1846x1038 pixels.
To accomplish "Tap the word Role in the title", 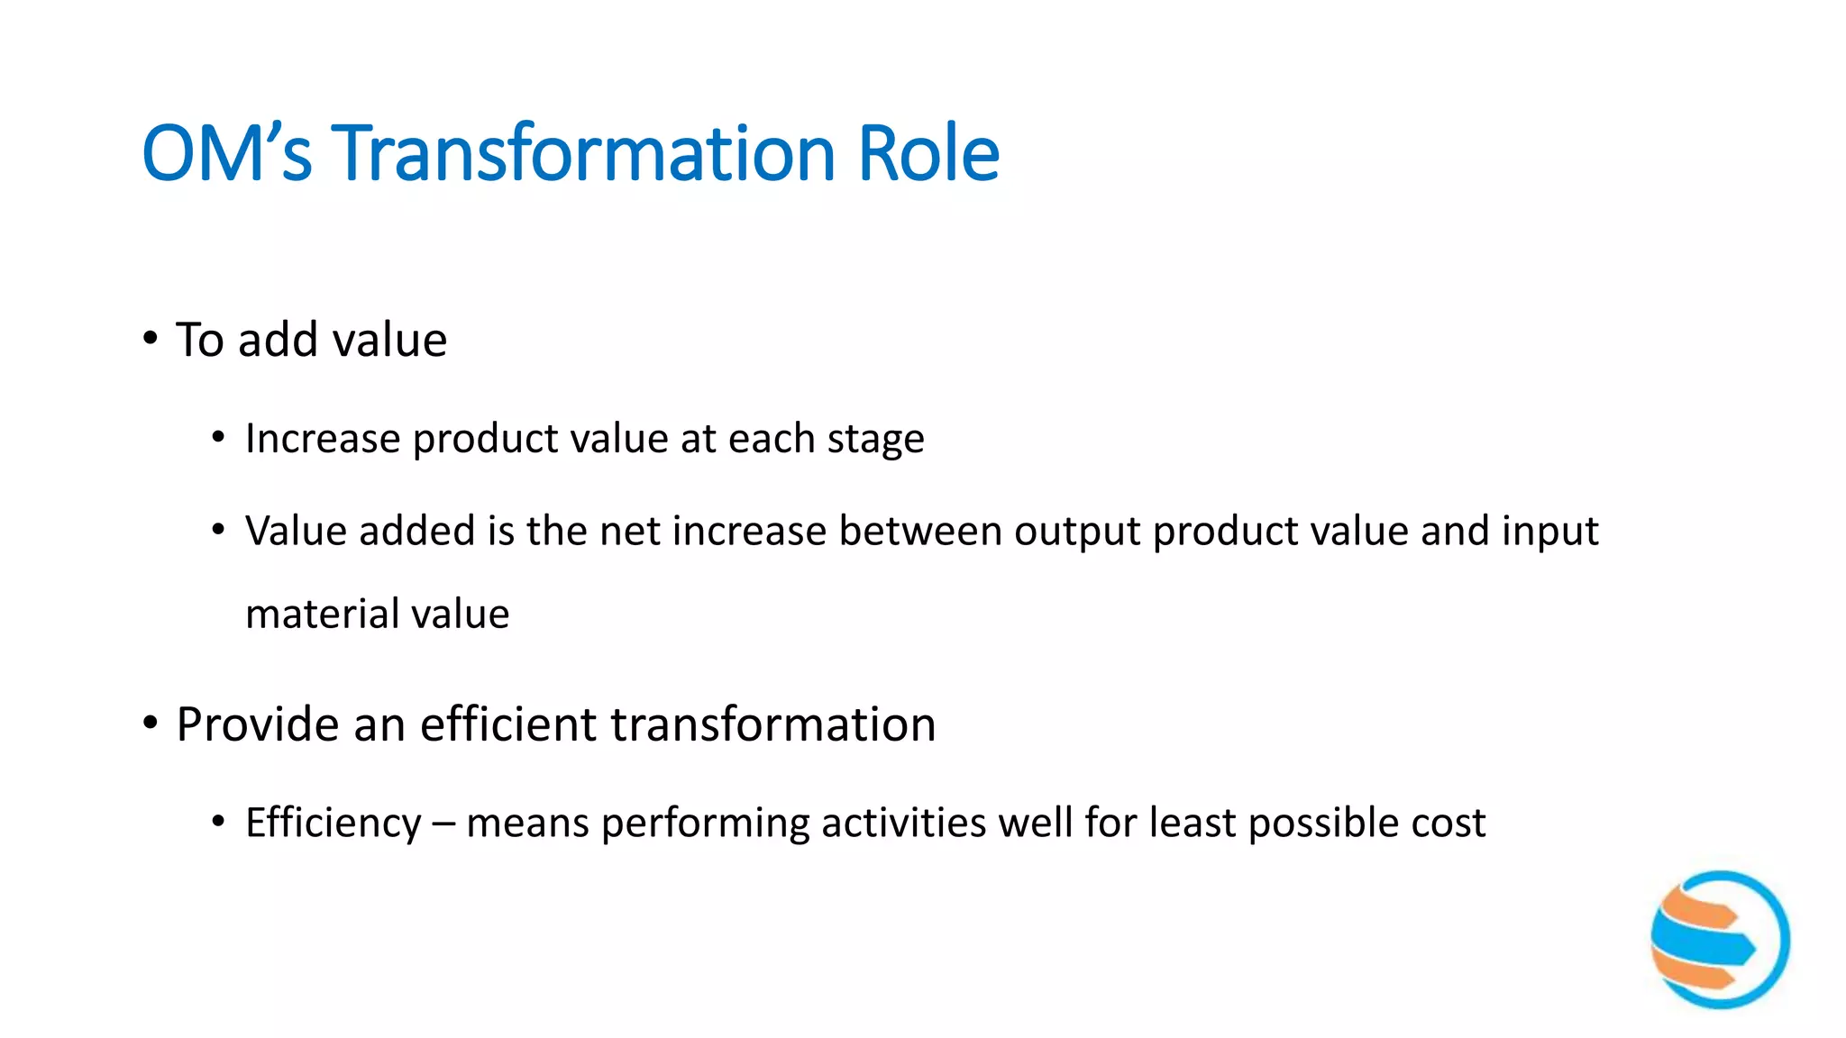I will [x=928, y=153].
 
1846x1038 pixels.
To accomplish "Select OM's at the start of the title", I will [x=226, y=153].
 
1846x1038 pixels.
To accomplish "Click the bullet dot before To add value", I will [x=150, y=340].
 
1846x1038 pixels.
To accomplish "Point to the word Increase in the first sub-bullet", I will [x=323, y=439].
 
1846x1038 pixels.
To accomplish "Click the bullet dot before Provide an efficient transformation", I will [x=150, y=724].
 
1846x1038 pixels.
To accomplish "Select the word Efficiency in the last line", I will [x=333, y=824].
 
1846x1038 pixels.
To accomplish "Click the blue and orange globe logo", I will [x=1719, y=939].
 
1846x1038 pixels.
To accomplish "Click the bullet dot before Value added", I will [x=218, y=531].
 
